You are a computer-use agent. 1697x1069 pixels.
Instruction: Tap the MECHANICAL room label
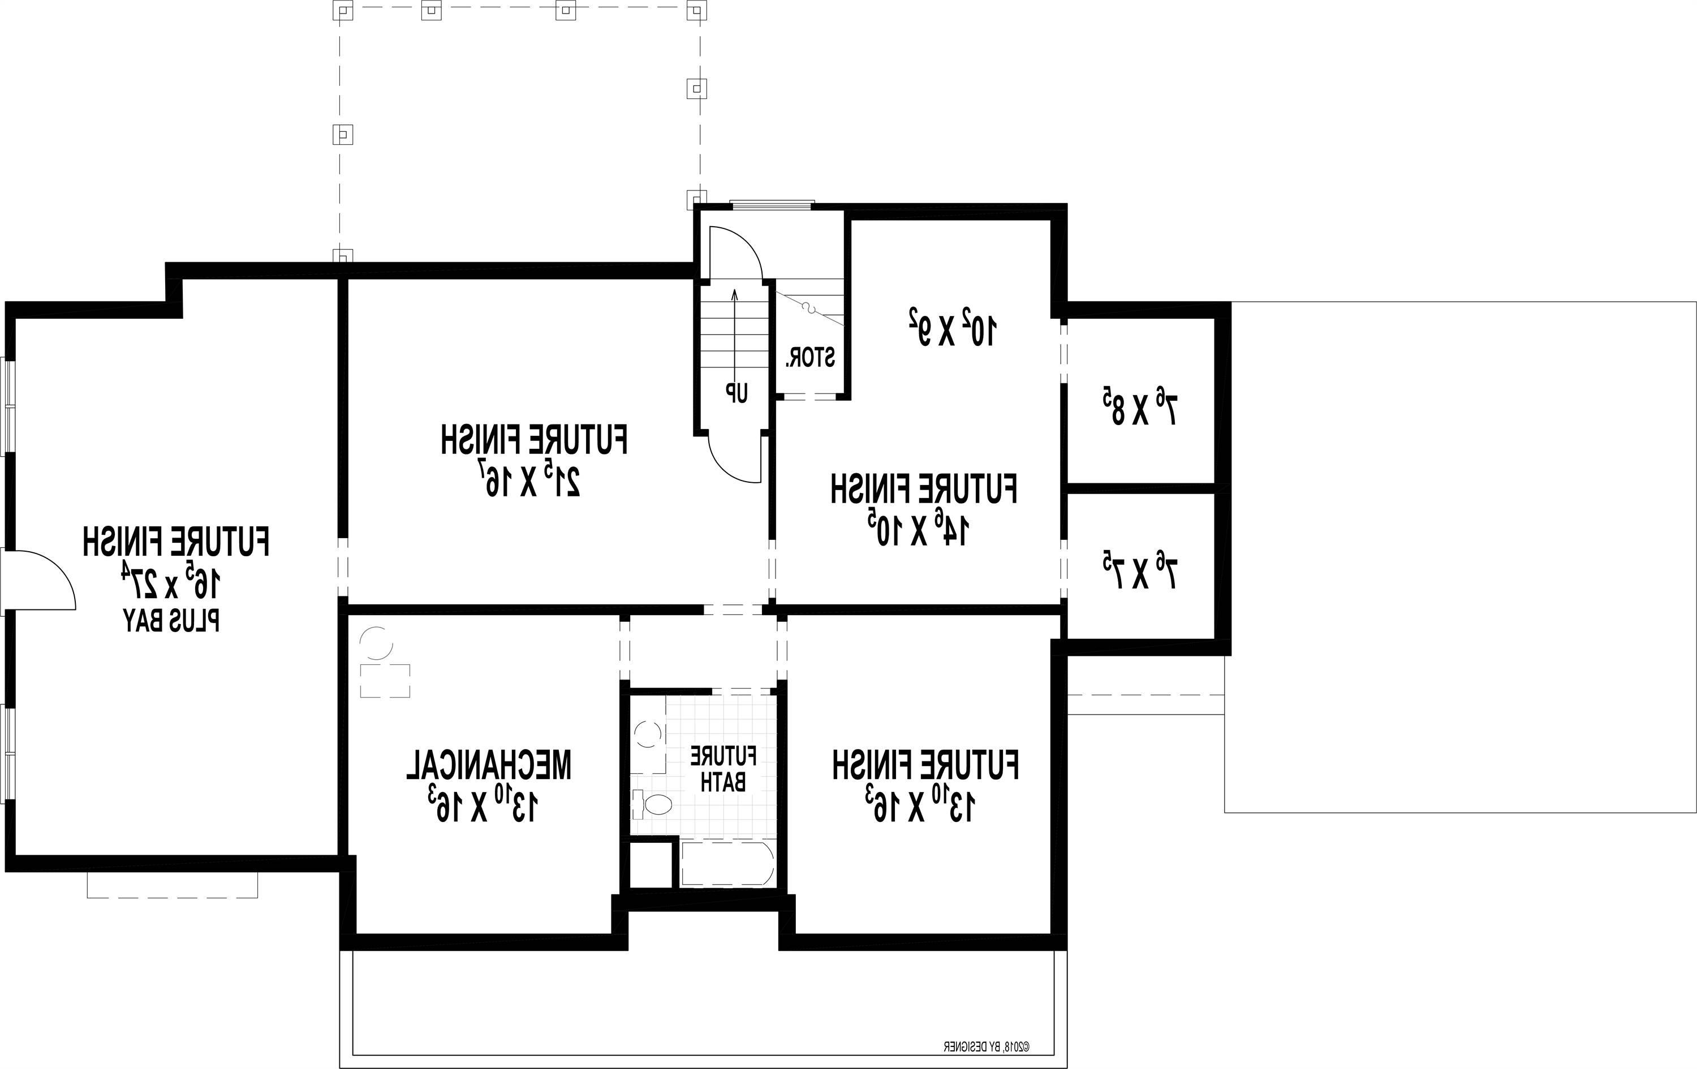click(488, 765)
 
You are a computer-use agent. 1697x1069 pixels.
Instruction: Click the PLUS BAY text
click(172, 620)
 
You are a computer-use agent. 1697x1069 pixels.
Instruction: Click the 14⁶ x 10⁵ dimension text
click(920, 530)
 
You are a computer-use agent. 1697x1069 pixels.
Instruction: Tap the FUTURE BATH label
click(723, 768)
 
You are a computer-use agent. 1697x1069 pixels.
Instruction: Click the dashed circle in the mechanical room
click(376, 642)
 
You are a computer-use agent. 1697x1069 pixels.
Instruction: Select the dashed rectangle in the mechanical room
click(385, 680)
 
